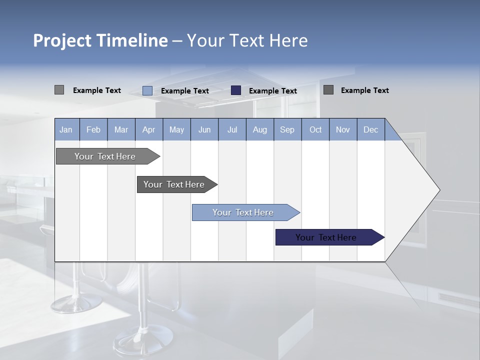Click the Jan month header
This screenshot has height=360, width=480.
66,129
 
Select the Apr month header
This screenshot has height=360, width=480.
149,129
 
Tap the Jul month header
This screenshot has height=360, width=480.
232,129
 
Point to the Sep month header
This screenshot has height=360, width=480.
287,129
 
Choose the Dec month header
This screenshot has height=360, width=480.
370,129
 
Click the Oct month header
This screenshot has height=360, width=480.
315,129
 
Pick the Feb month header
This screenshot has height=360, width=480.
93,129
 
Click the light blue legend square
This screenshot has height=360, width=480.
147,90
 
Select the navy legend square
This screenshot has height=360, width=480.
236,90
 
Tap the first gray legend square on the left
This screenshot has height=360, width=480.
59,90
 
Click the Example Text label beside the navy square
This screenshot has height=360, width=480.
273,91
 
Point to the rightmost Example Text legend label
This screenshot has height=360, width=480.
365,90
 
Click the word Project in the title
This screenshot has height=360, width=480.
63,40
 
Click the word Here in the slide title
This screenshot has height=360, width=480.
289,40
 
